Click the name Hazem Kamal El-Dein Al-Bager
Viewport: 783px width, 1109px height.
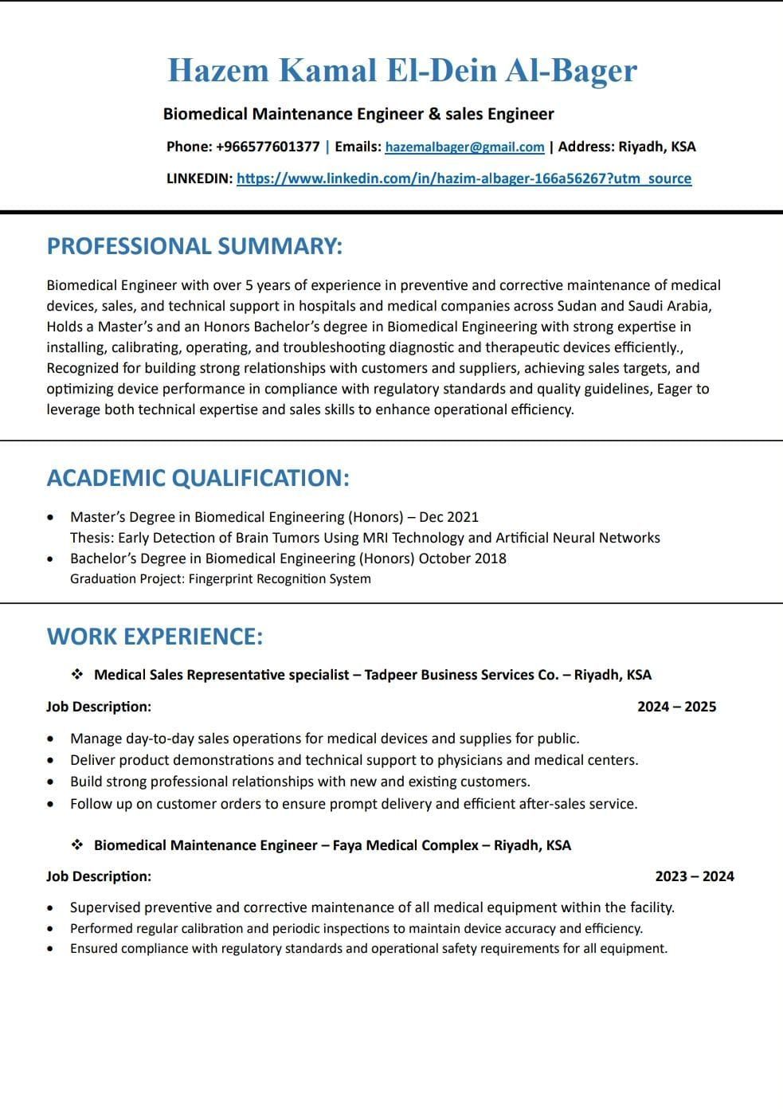pos(402,70)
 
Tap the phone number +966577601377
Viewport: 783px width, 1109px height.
pos(268,147)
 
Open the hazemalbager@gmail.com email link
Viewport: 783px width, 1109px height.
pos(464,147)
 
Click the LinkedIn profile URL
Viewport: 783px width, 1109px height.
pos(464,178)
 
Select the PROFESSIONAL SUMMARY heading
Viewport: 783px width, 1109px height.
pos(194,246)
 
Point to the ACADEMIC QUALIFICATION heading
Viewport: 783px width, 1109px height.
pos(198,478)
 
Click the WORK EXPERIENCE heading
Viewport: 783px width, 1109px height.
pos(155,637)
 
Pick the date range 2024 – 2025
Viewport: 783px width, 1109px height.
pos(676,707)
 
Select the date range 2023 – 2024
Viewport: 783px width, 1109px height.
pos(694,876)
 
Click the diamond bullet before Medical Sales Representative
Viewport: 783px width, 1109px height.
pos(77,675)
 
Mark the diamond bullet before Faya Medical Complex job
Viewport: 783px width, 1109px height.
pos(77,844)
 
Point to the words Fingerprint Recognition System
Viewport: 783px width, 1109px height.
pos(280,578)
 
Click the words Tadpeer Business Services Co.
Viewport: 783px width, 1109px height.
pos(461,675)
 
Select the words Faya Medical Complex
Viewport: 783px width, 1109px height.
pos(405,844)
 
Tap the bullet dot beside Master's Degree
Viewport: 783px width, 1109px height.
pos(51,517)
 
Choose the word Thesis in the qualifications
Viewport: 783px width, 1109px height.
pos(91,538)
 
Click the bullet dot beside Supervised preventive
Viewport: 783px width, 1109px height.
pos(51,907)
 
